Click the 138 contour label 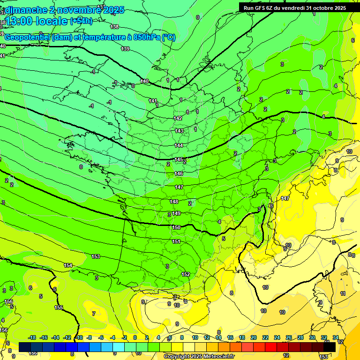[114, 27]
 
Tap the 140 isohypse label [144, 82]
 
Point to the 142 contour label [178, 118]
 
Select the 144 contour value [179, 146]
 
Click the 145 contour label [179, 160]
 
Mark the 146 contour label [179, 174]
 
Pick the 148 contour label [174, 202]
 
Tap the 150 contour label [176, 227]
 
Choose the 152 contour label [186, 274]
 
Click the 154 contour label [68, 266]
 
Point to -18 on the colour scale [32, 337]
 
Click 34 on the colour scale [336, 337]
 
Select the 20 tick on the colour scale [253, 337]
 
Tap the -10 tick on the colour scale [79, 337]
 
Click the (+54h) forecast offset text [81, 21]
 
